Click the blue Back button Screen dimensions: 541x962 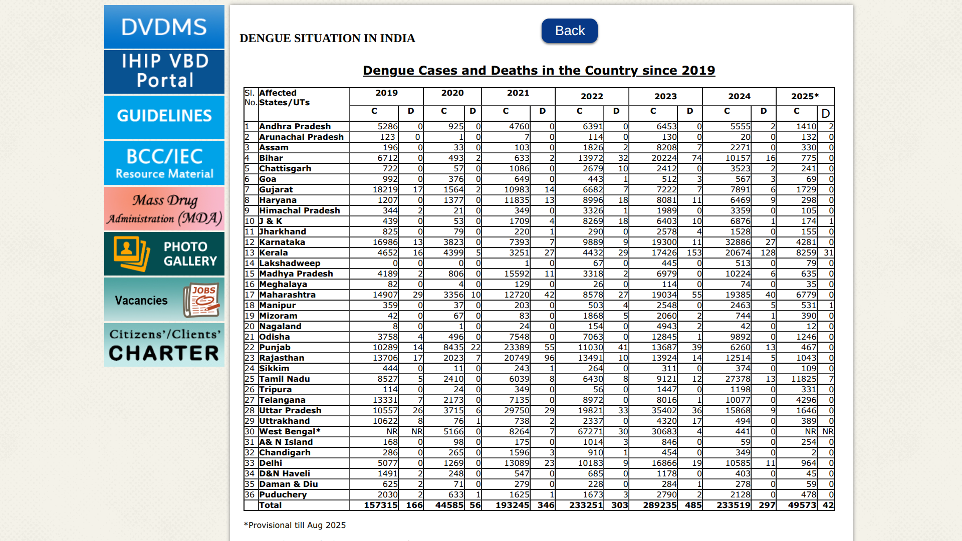(x=569, y=31)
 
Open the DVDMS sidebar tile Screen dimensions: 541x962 (x=164, y=27)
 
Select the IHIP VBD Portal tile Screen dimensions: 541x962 (x=164, y=71)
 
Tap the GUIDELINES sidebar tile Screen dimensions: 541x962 (x=164, y=116)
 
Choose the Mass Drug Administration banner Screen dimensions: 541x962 (x=164, y=209)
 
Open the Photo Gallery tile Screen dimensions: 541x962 (x=164, y=253)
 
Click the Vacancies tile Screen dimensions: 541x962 (x=164, y=300)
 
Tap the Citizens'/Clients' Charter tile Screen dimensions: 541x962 (x=164, y=345)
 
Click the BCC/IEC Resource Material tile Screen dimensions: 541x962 (x=164, y=163)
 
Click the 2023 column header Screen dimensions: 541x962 (x=665, y=96)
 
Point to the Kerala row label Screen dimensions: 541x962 (x=274, y=252)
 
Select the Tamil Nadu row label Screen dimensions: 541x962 (x=285, y=379)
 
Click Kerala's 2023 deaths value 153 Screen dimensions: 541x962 (x=694, y=252)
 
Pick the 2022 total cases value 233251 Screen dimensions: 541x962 (x=586, y=505)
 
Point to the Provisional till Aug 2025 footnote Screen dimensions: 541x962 (x=295, y=525)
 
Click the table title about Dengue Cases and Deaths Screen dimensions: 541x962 (x=539, y=71)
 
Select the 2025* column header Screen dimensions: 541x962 (x=805, y=96)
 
